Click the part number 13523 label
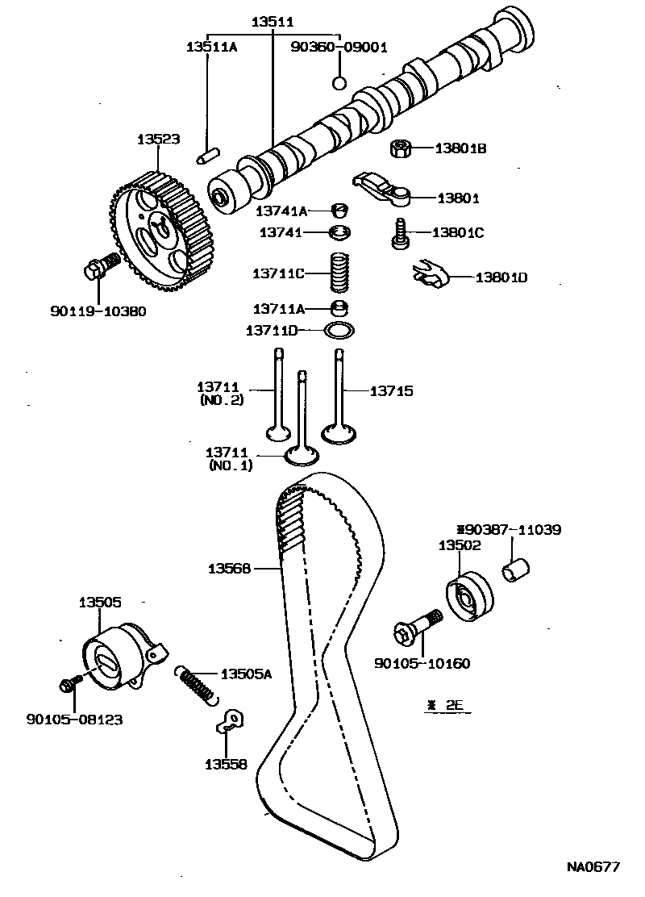click(157, 140)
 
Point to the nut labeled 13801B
click(401, 148)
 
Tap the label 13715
click(391, 391)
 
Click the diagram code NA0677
click(592, 867)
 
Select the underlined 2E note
click(448, 704)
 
